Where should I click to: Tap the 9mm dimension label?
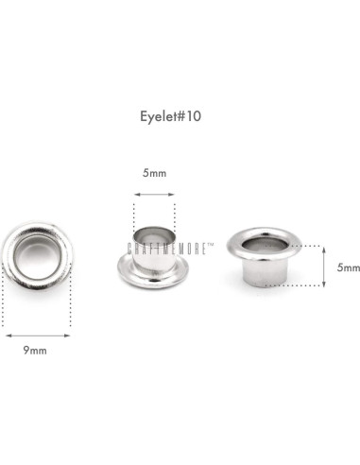pos(37,349)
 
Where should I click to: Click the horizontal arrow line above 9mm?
pos(37,333)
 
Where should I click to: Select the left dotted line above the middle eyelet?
pos(134,213)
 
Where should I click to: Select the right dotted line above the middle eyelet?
pos(175,213)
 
